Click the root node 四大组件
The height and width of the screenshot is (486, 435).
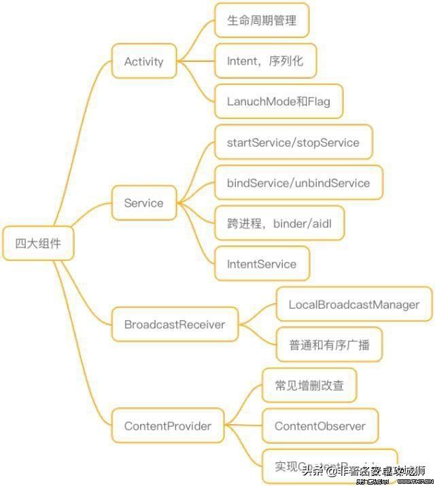tap(38, 243)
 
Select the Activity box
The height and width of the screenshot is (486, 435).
tap(143, 61)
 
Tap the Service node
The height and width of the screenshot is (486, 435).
tap(143, 203)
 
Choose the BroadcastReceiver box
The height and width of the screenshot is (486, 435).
tap(174, 324)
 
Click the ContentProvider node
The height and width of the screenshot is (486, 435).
tap(167, 426)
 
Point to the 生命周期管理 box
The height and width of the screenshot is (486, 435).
tap(262, 20)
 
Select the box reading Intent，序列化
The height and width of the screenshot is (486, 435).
tap(265, 61)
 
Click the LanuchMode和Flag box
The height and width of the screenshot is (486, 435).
tap(278, 101)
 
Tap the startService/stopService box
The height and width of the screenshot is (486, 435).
tap(293, 143)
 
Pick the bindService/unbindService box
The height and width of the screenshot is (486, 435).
tap(298, 183)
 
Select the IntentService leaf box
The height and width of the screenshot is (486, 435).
tap(262, 264)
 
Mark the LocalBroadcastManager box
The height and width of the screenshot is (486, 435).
tap(353, 305)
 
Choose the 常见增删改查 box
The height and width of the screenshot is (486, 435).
tap(309, 385)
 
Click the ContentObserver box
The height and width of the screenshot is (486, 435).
tap(319, 426)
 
